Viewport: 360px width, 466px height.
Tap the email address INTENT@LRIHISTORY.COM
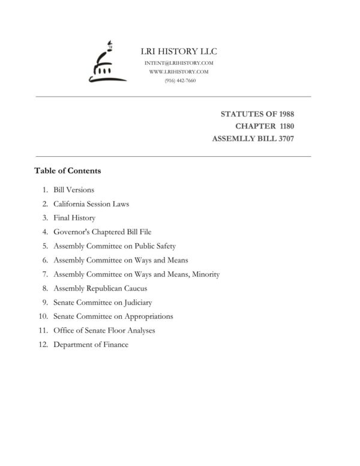(179, 63)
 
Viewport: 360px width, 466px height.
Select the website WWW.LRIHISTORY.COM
(179, 71)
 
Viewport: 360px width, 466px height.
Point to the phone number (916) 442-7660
(179, 80)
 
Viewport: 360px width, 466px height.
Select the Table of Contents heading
(67, 171)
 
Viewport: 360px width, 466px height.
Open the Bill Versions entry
(73, 190)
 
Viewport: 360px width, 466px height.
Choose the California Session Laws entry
(91, 204)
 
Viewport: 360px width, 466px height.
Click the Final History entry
(74, 218)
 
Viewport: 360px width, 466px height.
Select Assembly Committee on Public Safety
(114, 246)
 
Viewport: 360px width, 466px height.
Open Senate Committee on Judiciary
(102, 303)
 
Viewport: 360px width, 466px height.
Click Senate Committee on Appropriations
(113, 316)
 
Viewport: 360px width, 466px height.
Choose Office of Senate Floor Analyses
(104, 331)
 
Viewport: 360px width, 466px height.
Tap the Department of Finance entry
(91, 345)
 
